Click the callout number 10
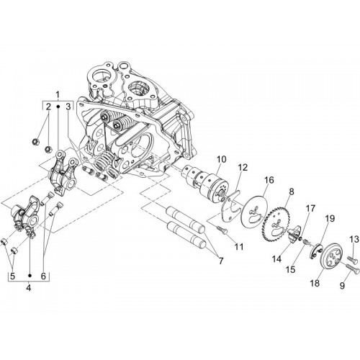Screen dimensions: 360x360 tap(222, 159)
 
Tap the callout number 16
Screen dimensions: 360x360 tap(269, 180)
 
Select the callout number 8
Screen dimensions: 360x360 tap(292, 192)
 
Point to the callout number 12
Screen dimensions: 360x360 tap(243, 167)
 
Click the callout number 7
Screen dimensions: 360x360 tap(220, 261)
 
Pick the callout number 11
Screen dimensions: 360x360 tap(238, 246)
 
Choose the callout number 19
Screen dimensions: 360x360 tap(330, 218)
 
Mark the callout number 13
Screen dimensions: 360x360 tap(354, 239)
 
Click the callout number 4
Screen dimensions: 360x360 tap(29, 287)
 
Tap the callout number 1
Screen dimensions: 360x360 tap(58, 95)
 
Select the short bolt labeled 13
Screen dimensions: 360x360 tap(351, 259)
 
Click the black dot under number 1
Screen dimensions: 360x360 tap(58, 106)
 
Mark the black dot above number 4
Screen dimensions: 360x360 tap(30, 275)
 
